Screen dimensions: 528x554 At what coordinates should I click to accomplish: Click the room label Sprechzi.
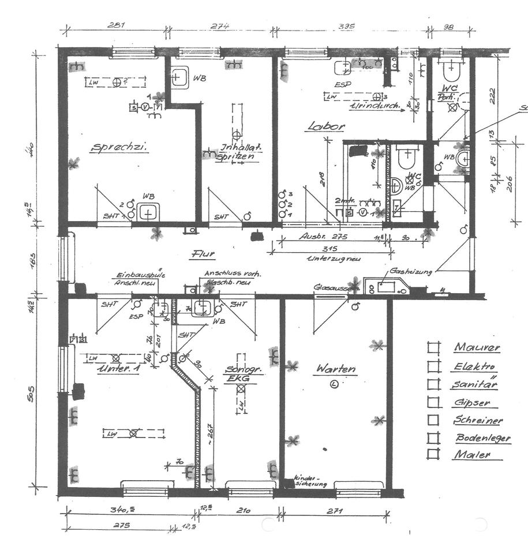tap(119, 148)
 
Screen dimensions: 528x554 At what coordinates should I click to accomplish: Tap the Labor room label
tap(326, 126)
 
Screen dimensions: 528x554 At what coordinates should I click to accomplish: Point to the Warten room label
tap(335, 369)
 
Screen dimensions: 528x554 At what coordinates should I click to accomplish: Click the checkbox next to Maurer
tap(433, 347)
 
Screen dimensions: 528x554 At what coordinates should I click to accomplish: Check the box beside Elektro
tap(433, 366)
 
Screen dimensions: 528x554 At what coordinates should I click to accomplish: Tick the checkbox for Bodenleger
tap(433, 438)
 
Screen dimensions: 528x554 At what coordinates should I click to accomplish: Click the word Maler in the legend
tap(471, 454)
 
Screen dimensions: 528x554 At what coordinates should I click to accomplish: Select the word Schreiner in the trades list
tap(478, 420)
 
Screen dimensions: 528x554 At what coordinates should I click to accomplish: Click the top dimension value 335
tap(346, 26)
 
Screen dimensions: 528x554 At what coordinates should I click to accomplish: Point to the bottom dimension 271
tap(335, 511)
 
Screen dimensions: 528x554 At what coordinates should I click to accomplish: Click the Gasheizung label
tap(412, 270)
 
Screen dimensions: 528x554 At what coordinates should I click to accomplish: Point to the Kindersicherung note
tap(311, 481)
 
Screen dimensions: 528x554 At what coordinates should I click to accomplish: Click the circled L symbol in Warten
tap(334, 383)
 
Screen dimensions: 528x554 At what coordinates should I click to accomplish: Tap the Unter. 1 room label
tap(118, 368)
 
